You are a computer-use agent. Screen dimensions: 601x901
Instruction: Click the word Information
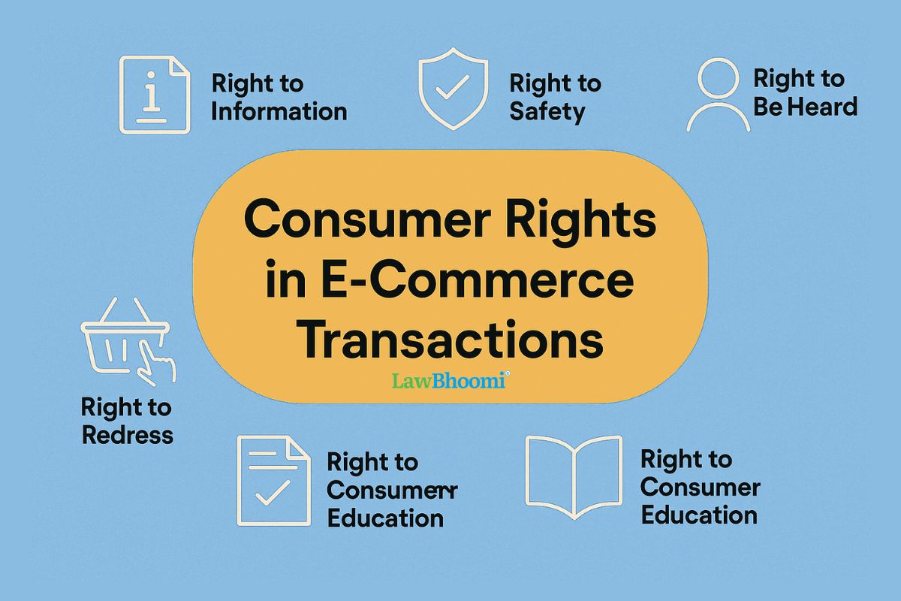(x=279, y=112)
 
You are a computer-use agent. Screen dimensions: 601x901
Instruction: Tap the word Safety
(x=547, y=112)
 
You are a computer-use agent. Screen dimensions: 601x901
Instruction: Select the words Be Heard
(x=805, y=107)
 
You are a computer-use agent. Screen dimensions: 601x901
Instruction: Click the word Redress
(x=127, y=435)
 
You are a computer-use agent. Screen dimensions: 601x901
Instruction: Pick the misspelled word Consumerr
(x=393, y=491)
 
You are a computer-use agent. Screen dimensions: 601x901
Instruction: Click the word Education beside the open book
(x=698, y=515)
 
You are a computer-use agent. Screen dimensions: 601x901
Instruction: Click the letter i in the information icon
(x=153, y=95)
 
